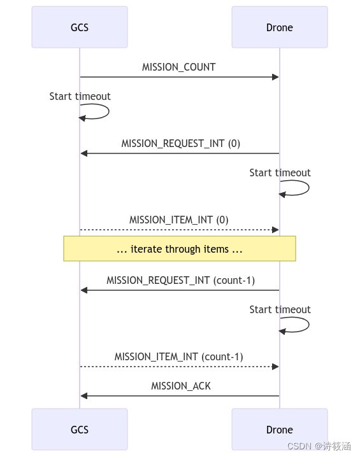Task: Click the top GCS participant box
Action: [x=80, y=27]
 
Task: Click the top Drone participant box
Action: [x=279, y=27]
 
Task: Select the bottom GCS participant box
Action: [x=80, y=430]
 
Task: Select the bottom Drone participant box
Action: [x=279, y=430]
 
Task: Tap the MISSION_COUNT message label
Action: [x=179, y=67]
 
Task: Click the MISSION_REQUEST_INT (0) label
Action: [x=181, y=143]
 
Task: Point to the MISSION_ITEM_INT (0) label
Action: [x=179, y=220]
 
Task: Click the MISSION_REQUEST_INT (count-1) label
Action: [x=181, y=280]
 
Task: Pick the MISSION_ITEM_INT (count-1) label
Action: [x=179, y=356]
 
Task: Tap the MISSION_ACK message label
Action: [x=181, y=386]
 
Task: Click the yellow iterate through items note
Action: [x=179, y=249]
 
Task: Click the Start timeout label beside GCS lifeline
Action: [x=80, y=96]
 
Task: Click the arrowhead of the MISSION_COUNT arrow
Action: [x=275, y=77]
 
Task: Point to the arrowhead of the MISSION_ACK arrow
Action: [x=84, y=396]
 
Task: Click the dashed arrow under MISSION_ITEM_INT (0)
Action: [x=179, y=230]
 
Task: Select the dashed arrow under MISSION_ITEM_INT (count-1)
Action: [x=179, y=367]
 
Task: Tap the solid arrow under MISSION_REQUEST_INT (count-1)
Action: [x=179, y=290]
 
